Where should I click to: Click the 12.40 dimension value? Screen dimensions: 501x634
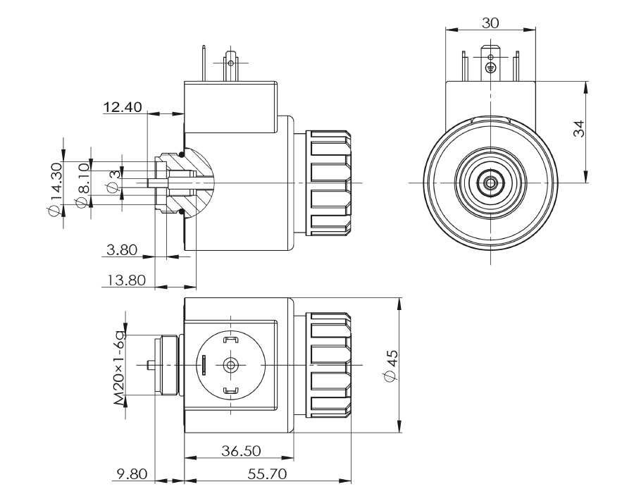pos(123,108)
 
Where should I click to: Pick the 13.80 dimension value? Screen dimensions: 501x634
pos(125,280)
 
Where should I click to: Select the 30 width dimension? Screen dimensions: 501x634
pos(491,23)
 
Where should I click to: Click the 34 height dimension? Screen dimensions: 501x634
pos(578,129)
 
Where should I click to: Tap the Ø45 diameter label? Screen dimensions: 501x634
pos(392,366)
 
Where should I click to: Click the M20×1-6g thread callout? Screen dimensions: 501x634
pos(120,366)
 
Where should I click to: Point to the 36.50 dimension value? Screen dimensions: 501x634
pos(241,450)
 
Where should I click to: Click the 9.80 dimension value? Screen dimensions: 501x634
pos(131,474)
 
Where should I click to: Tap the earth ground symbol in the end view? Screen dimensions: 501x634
pos(491,68)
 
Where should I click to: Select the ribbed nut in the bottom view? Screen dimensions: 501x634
pos(330,366)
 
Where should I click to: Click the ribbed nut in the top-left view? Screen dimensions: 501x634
pos(330,183)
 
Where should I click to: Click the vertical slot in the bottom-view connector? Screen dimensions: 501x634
pos(204,365)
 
